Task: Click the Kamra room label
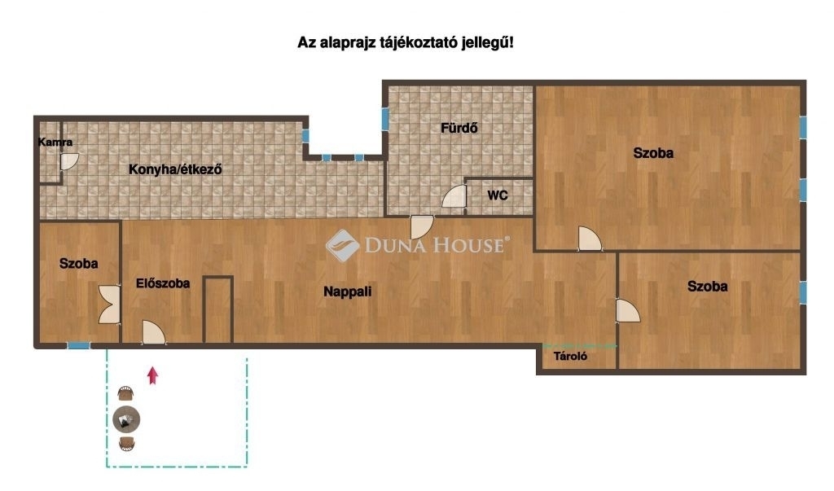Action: click(x=55, y=142)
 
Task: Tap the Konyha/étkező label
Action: click(x=175, y=169)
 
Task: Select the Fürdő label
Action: click(x=459, y=128)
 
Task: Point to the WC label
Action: click(x=498, y=195)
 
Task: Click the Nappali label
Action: click(x=347, y=292)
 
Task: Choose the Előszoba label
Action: click(x=163, y=283)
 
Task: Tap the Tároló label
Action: click(x=570, y=357)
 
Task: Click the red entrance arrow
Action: click(x=152, y=375)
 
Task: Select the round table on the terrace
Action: click(x=126, y=419)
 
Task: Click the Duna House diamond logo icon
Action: click(x=342, y=245)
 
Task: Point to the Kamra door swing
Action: click(x=69, y=162)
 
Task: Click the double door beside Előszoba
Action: click(x=110, y=305)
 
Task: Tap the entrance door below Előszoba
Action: click(x=154, y=333)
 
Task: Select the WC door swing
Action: click(x=454, y=195)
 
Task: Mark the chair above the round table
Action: click(x=125, y=393)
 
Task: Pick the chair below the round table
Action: click(x=126, y=445)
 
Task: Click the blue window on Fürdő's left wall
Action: click(x=385, y=119)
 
